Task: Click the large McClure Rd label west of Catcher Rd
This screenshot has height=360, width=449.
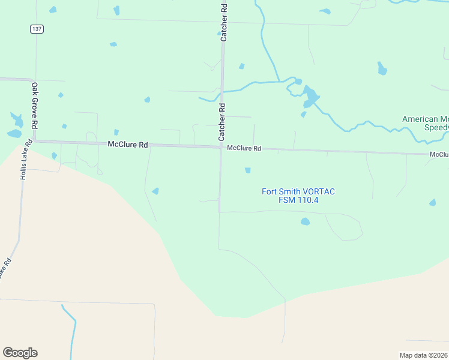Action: [x=128, y=145]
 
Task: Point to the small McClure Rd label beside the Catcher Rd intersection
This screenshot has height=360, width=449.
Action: [x=244, y=148]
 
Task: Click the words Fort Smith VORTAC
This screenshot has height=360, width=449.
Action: [x=298, y=191]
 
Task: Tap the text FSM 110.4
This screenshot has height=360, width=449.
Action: [x=298, y=200]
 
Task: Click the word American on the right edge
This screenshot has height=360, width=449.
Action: [x=420, y=119]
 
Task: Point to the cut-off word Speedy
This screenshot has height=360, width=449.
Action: [x=436, y=128]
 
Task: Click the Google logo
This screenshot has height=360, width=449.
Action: [x=20, y=352]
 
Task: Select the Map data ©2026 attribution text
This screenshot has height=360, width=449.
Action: [x=424, y=355]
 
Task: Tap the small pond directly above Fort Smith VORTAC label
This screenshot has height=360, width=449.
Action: [x=247, y=170]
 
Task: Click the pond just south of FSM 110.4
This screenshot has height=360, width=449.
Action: [x=305, y=221]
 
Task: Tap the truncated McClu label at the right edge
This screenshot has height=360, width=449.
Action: [x=439, y=155]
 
